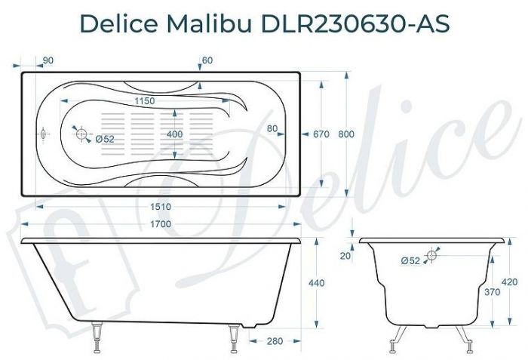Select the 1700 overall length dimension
click(x=161, y=224)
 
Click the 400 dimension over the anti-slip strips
click(x=175, y=134)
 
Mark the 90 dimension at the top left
click(x=48, y=60)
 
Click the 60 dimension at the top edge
click(x=207, y=60)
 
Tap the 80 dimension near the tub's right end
click(x=272, y=128)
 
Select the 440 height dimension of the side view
click(x=317, y=283)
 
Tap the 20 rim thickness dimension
click(x=345, y=256)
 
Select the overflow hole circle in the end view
click(x=432, y=256)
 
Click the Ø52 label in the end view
click(x=410, y=261)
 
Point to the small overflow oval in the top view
click(x=43, y=134)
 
